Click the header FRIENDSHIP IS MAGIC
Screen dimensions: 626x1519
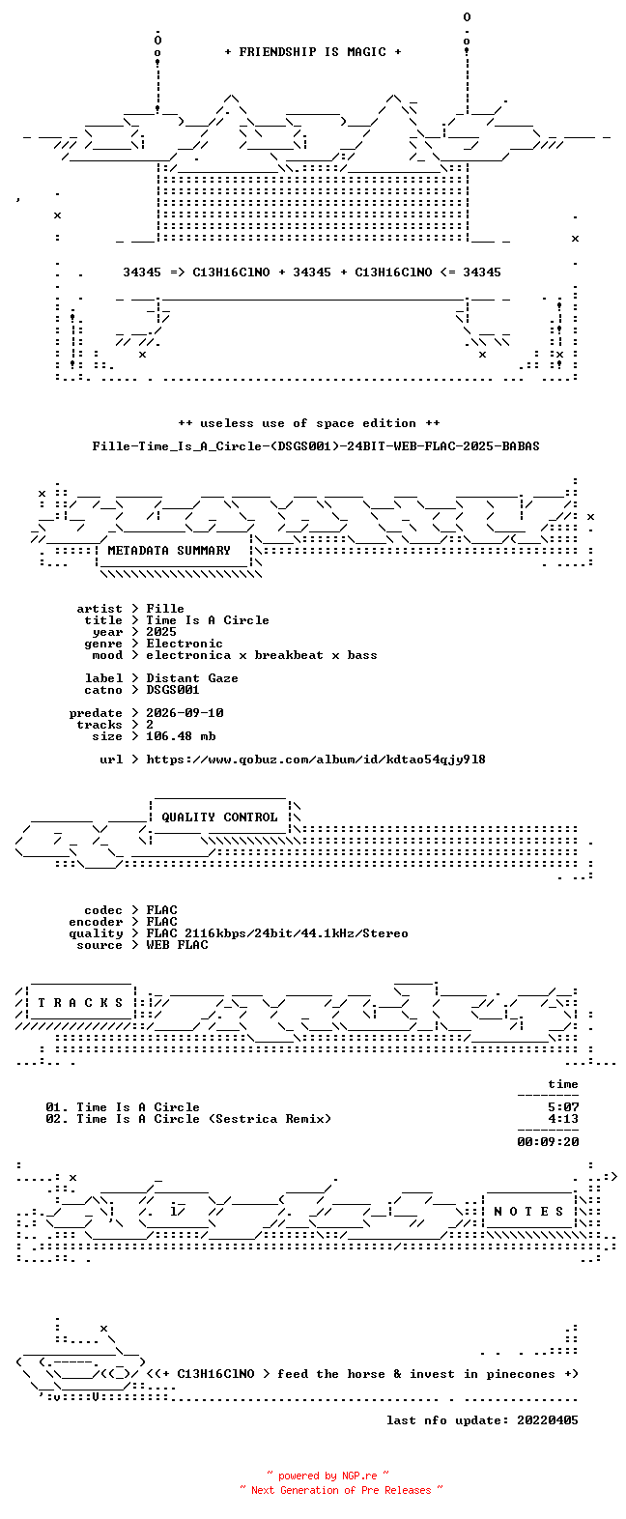point(313,52)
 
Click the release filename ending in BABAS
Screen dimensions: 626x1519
point(316,446)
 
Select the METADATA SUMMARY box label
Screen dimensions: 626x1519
point(169,551)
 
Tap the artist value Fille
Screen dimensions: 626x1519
point(165,609)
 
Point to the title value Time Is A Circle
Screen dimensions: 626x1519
point(208,620)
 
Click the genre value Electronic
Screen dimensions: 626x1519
point(185,644)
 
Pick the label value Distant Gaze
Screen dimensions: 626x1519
point(192,678)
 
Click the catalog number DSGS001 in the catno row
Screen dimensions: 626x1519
point(172,690)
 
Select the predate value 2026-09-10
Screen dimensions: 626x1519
point(185,713)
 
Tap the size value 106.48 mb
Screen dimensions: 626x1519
point(181,735)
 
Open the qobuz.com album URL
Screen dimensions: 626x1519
point(316,759)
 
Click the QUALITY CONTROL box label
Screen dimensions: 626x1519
point(219,817)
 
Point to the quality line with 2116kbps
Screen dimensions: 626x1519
point(277,933)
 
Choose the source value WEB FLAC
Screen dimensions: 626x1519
point(177,945)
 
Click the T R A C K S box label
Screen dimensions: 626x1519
point(80,1003)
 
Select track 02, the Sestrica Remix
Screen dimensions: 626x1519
point(188,1119)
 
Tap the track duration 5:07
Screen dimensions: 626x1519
point(563,1107)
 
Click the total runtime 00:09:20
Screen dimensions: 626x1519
point(548,1142)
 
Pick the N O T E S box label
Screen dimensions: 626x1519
point(528,1212)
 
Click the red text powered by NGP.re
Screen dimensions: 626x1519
point(327,1476)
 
